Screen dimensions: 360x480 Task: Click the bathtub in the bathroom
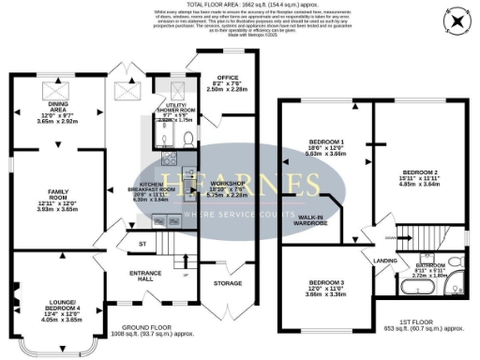455,284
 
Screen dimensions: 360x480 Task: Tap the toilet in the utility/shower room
187,137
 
